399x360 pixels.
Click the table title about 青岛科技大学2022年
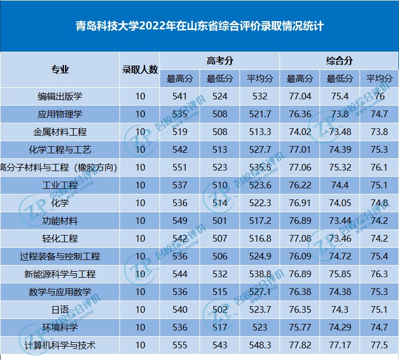tap(200, 26)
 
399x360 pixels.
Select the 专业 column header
tap(60, 69)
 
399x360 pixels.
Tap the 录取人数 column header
tap(140, 69)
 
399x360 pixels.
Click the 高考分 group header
tap(220, 61)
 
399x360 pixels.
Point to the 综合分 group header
tap(339, 61)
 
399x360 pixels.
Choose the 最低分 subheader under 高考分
tap(220, 78)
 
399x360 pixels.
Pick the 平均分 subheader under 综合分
tap(380, 78)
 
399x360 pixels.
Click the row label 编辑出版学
tap(60, 96)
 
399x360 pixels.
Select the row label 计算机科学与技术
tap(60, 345)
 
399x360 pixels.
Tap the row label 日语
tap(60, 309)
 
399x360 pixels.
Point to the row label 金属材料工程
tap(60, 132)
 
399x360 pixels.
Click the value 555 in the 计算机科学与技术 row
tap(180, 345)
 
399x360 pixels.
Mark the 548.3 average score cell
tap(260, 345)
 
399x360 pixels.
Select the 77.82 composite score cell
tap(300, 345)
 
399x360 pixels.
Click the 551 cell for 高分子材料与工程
tap(180, 167)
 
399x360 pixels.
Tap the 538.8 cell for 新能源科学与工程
tap(260, 274)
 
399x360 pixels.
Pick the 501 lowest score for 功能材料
tap(220, 221)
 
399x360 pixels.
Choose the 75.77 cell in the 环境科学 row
tap(300, 327)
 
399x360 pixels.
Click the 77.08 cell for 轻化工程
tap(300, 238)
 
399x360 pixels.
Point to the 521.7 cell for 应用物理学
tap(260, 114)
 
